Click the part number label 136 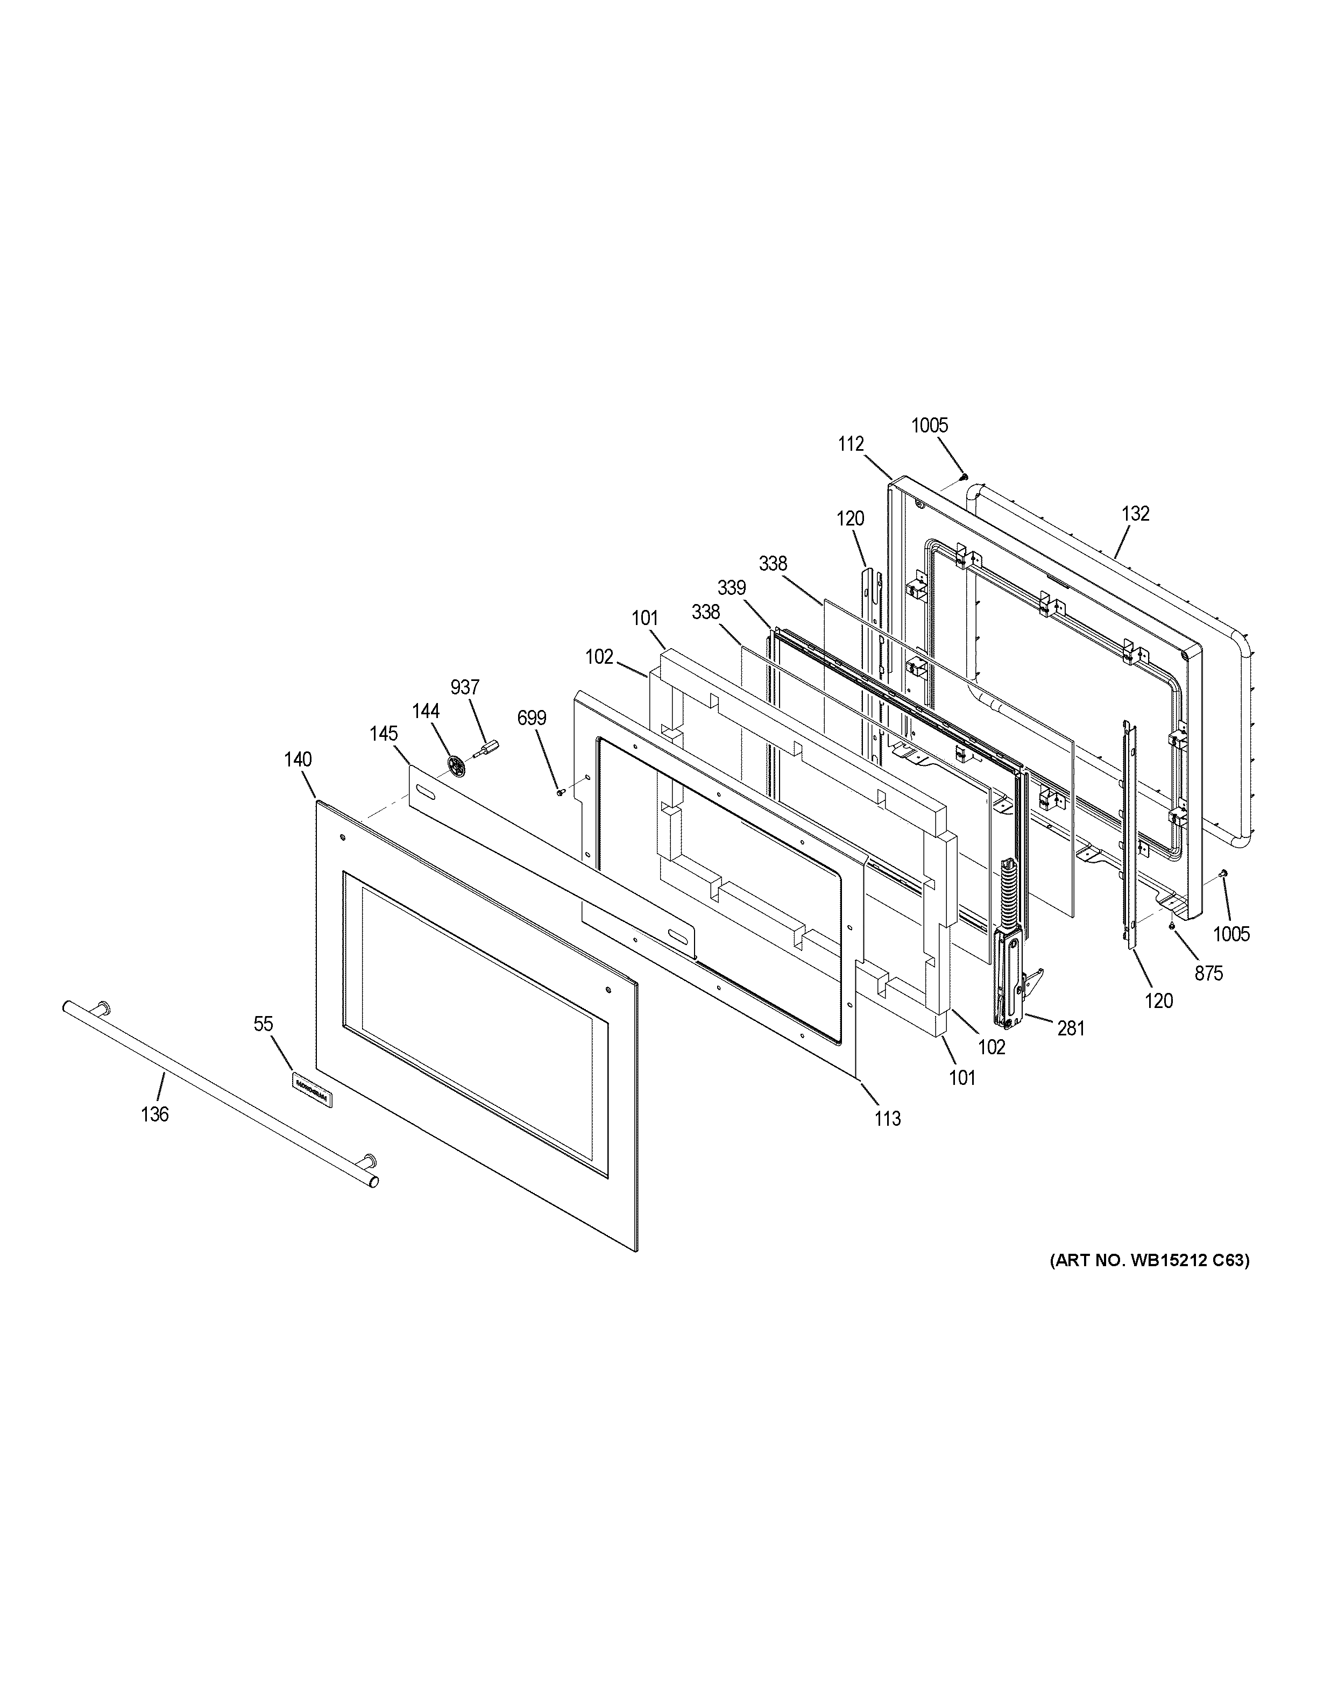pyautogui.click(x=154, y=1114)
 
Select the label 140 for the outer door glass pyautogui.click(x=298, y=759)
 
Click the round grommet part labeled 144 pyautogui.click(x=457, y=765)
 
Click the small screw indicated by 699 pyautogui.click(x=560, y=793)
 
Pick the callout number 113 pyautogui.click(x=888, y=1119)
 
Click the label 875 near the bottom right pyautogui.click(x=1208, y=973)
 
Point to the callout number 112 pyautogui.click(x=851, y=444)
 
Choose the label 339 pyautogui.click(x=732, y=587)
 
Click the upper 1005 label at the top pyautogui.click(x=929, y=425)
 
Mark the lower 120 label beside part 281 pyautogui.click(x=1159, y=1000)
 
